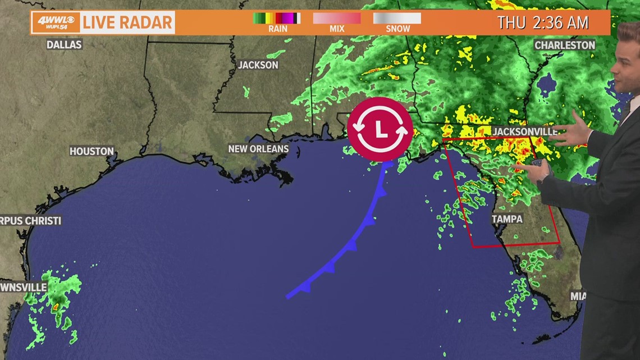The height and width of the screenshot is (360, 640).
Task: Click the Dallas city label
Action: click(x=64, y=44)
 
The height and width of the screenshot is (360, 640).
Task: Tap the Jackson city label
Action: click(x=258, y=65)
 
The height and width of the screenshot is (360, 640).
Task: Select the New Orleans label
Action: click(x=258, y=149)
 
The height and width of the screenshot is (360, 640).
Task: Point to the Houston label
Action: click(x=92, y=151)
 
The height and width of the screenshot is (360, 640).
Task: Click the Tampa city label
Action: click(x=507, y=219)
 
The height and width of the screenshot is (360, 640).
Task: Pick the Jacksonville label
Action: click(x=525, y=131)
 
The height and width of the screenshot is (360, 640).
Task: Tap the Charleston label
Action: click(x=565, y=45)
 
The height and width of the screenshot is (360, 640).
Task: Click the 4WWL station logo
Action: click(x=55, y=23)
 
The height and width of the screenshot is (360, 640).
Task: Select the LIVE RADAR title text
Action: click(x=127, y=23)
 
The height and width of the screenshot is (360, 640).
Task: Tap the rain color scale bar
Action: click(x=276, y=18)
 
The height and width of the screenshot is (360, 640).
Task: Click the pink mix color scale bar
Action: click(x=337, y=18)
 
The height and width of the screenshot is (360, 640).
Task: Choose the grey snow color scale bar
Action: click(x=397, y=18)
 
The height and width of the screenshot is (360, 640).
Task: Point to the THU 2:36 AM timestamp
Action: click(x=542, y=23)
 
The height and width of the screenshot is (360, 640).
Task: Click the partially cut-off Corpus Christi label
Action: click(x=30, y=221)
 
